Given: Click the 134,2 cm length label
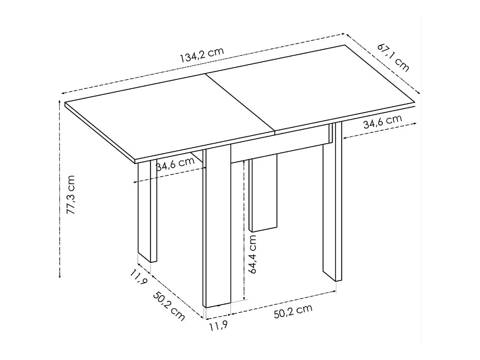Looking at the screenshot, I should (x=202, y=55).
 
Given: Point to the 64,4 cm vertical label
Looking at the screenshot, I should (x=253, y=254).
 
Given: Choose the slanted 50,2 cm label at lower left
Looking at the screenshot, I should (x=169, y=306).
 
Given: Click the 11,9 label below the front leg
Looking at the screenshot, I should (x=218, y=326).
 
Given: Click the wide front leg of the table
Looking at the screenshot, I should (x=217, y=227).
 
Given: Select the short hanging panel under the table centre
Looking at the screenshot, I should (x=263, y=194).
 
